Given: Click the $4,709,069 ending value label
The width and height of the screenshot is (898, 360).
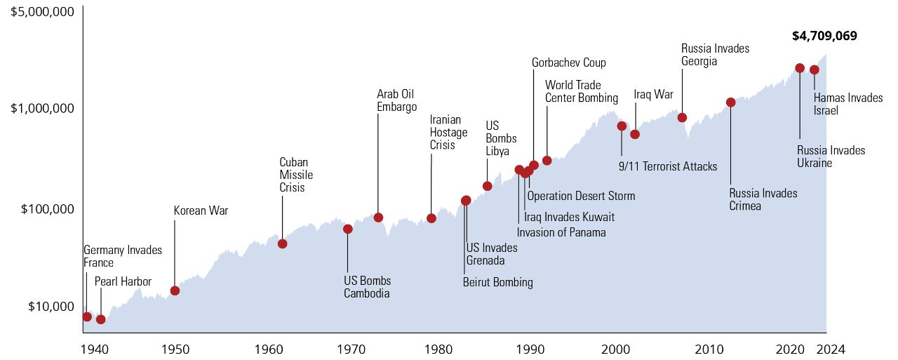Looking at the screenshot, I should click(824, 36).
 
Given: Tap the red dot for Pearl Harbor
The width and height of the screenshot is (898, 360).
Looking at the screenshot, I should click(100, 319).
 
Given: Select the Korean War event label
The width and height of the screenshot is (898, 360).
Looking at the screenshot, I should click(201, 211).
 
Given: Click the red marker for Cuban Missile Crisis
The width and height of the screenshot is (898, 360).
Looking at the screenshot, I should click(282, 244).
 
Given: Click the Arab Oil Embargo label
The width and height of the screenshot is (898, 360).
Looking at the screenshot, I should click(396, 100).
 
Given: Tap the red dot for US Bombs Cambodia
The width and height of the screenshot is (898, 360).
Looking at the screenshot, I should click(347, 229).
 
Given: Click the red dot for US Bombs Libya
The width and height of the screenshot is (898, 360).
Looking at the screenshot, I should click(487, 186).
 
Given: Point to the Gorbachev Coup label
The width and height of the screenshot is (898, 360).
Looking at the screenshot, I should click(568, 62).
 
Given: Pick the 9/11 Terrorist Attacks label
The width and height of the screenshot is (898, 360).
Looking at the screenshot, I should click(667, 166).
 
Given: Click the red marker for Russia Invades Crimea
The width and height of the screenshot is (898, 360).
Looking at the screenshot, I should click(730, 102).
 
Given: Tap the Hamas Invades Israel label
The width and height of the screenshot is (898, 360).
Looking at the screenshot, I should click(847, 104).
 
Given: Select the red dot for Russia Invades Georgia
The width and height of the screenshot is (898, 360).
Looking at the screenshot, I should click(682, 117).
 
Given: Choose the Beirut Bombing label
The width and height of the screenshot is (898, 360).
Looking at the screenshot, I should click(497, 282).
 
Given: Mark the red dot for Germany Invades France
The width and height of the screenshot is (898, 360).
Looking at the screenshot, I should click(87, 316).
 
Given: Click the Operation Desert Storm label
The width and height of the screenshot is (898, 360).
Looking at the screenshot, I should click(581, 196).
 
